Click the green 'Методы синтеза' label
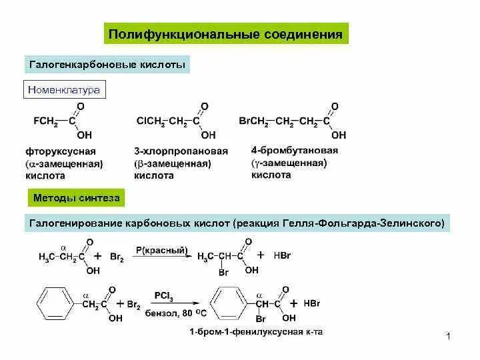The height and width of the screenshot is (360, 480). pos(76,197)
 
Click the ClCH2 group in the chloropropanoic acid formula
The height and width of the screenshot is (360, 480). pos(151,121)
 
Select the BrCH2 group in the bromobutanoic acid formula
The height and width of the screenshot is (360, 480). pos(253,121)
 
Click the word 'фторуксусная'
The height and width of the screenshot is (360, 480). pos(61,151)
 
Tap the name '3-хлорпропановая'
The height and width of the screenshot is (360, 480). pos(181,151)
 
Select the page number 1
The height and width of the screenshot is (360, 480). pos(449,338)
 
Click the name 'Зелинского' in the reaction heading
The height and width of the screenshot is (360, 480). pos(412,223)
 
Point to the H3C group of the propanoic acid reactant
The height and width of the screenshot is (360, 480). pos(47,257)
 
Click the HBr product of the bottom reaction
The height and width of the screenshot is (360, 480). pos(311,303)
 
